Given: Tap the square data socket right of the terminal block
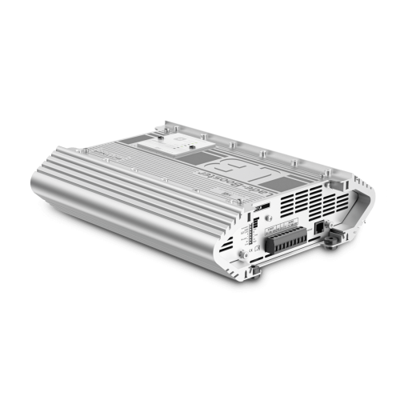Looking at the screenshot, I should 322,227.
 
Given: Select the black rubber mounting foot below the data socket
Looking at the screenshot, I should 328,247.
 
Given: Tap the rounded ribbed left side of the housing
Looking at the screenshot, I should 120,200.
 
